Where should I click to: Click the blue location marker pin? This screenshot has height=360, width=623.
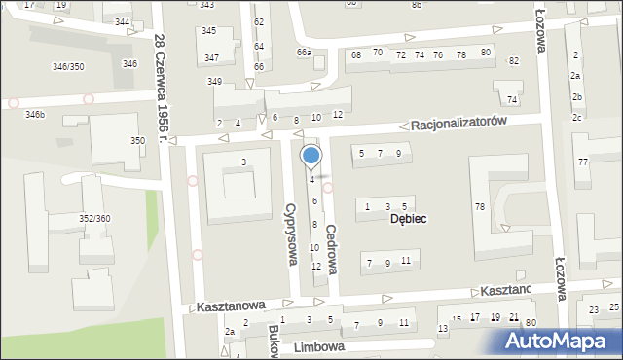311,156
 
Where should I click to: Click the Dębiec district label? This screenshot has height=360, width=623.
409,219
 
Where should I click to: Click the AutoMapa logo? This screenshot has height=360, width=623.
562,342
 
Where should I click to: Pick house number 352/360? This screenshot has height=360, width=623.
94,219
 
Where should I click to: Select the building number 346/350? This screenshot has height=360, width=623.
68,66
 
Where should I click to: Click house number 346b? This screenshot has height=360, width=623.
35,115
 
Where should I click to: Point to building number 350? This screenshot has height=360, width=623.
137,141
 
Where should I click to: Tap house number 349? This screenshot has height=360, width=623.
214,81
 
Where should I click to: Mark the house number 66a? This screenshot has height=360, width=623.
305,53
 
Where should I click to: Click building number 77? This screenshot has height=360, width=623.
582,162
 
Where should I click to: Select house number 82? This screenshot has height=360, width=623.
514,61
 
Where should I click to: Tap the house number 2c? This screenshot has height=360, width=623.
576,118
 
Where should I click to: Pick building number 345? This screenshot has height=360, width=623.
208,31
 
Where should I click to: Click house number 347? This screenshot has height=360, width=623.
211,58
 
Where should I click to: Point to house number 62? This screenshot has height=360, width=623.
258,21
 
